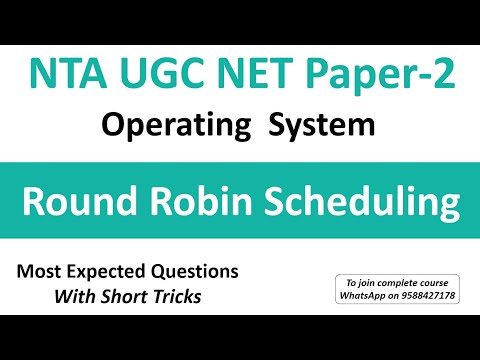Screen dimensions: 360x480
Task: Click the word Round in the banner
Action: pyautogui.click(x=84, y=204)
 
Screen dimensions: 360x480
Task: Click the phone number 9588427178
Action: pyautogui.click(x=428, y=294)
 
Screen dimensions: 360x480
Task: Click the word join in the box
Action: pyautogui.click(x=363, y=281)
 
